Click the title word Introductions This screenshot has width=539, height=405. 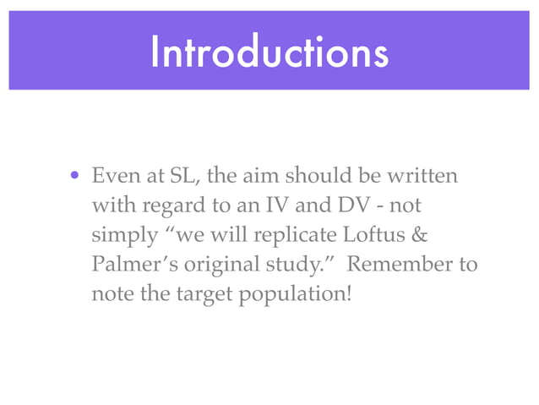[269, 53]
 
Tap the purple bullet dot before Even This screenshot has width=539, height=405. [75, 178]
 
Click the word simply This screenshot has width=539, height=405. [118, 235]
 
